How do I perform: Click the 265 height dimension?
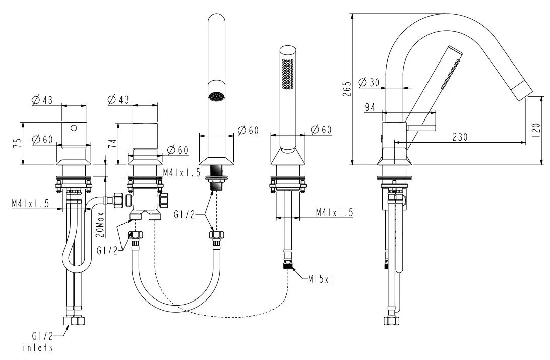[x=346, y=89]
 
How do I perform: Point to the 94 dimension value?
[x=371, y=107]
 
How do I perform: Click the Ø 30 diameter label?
[x=370, y=82]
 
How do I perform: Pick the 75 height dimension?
[x=18, y=143]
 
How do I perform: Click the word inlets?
[x=38, y=348]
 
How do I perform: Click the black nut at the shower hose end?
[x=288, y=265]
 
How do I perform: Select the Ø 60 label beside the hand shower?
[x=321, y=130]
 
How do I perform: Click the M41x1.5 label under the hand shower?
[x=334, y=212]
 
